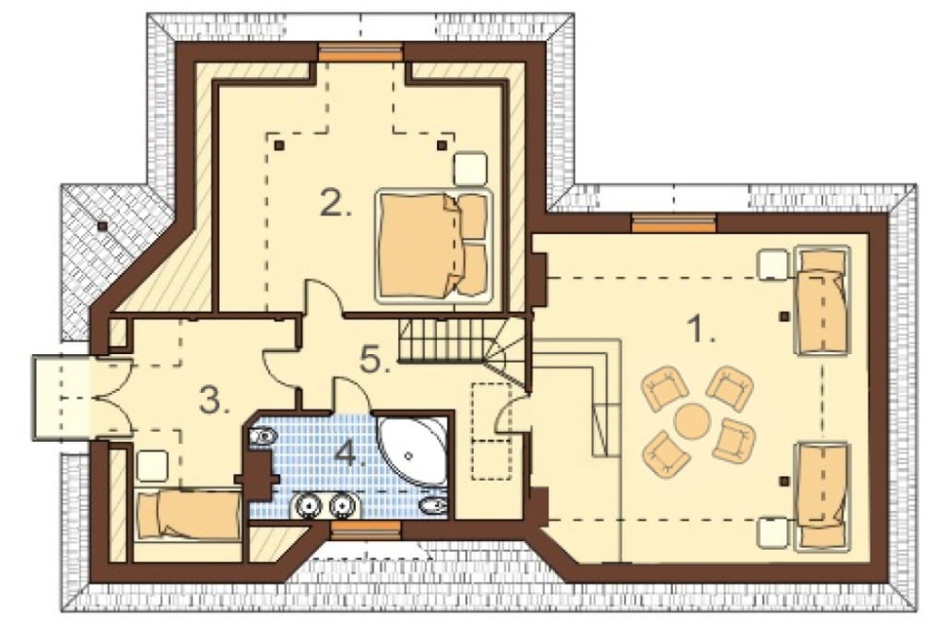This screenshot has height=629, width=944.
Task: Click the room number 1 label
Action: point(700,330)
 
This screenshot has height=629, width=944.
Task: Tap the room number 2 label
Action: point(335,204)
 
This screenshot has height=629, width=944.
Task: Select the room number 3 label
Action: point(215,400)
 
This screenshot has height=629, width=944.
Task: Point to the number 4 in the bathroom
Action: point(350,452)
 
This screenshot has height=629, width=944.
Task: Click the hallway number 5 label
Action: point(375,360)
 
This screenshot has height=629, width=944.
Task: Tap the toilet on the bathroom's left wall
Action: point(261,435)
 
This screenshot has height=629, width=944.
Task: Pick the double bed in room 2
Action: point(433,246)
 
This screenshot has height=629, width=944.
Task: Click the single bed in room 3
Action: point(189,515)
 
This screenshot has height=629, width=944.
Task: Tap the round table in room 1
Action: point(692,421)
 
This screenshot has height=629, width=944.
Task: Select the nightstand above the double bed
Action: point(470,169)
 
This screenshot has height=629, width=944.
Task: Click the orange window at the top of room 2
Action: point(361,52)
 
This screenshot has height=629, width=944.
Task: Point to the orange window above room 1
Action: point(674,224)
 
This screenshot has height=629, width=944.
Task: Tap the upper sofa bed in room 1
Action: point(823,299)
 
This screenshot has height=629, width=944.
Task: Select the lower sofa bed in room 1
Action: point(822,497)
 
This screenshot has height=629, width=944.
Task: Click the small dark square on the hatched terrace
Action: point(103,226)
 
